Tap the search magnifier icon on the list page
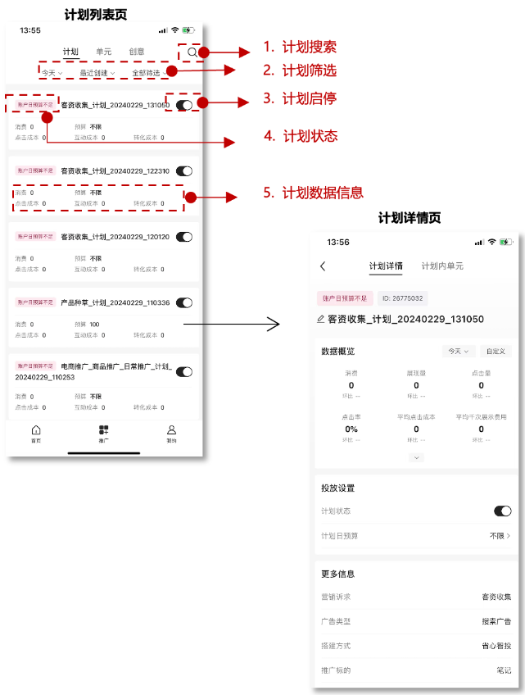point(192,52)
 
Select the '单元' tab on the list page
point(104,52)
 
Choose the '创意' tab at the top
point(137,52)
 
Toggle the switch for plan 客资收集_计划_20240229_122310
point(184,171)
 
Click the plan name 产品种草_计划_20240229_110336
point(115,302)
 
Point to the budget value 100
point(94,325)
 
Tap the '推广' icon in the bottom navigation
point(103,433)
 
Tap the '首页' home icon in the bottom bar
point(36,433)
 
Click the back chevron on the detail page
point(323,266)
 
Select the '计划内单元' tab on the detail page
point(442,266)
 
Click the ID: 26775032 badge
point(402,299)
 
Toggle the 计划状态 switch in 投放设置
point(502,511)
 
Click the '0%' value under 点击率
point(351,429)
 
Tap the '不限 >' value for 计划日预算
point(500,535)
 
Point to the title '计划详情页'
point(410,218)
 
